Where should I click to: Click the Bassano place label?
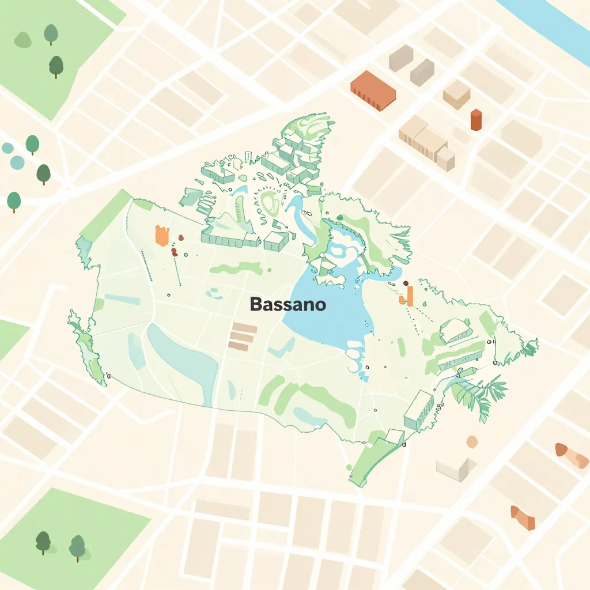(288, 305)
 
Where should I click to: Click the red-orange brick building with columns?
(373, 90)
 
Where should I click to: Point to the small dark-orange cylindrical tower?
(476, 120)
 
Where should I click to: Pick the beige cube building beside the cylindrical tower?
(456, 94)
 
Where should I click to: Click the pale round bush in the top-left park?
(22, 40)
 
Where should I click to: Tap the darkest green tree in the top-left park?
(56, 66)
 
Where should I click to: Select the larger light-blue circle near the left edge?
(17, 162)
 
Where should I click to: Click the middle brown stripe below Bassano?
(241, 337)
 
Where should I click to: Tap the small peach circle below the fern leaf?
(472, 442)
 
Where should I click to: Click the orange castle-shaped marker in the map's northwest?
(162, 235)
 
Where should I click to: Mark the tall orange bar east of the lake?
(410, 296)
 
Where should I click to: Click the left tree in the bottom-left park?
(43, 542)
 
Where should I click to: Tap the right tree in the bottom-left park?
(77, 546)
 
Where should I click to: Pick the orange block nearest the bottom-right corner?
(523, 517)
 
